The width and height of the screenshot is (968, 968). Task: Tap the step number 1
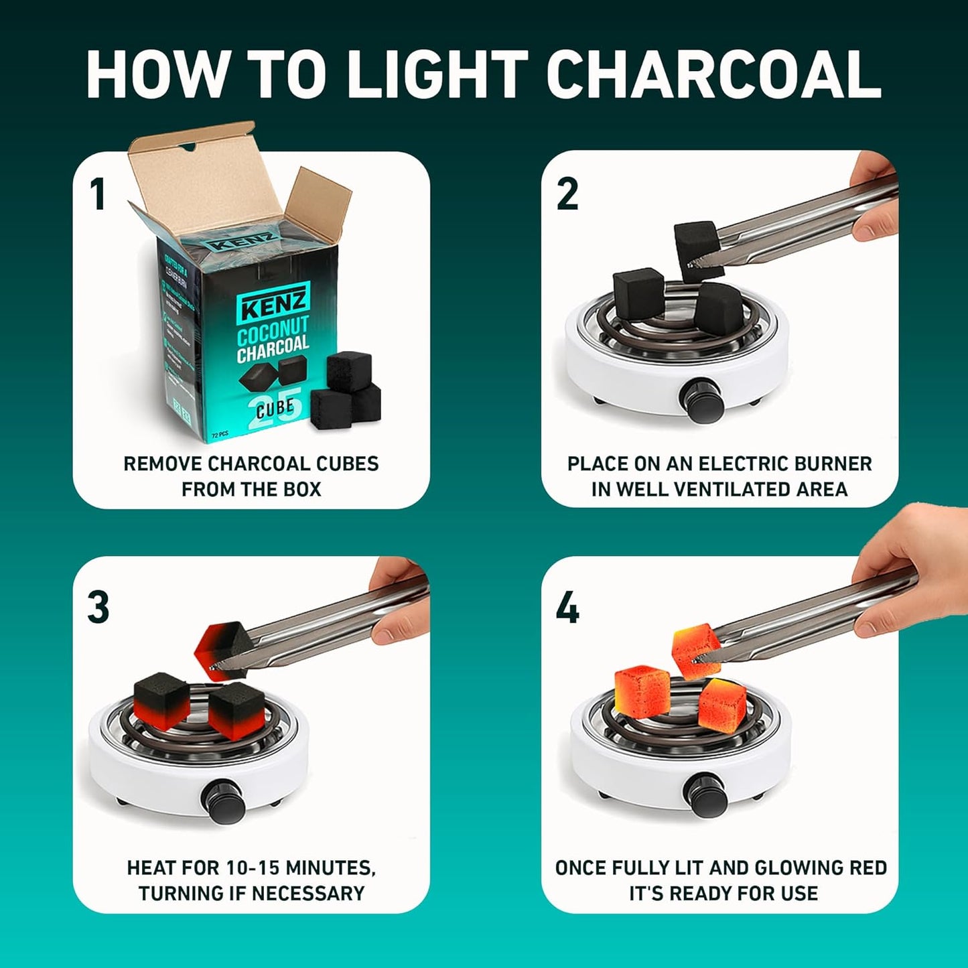tap(98, 194)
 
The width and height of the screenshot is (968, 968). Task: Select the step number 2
tap(567, 194)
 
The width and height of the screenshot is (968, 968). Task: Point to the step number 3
tap(98, 607)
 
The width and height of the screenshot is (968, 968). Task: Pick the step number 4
tap(567, 608)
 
